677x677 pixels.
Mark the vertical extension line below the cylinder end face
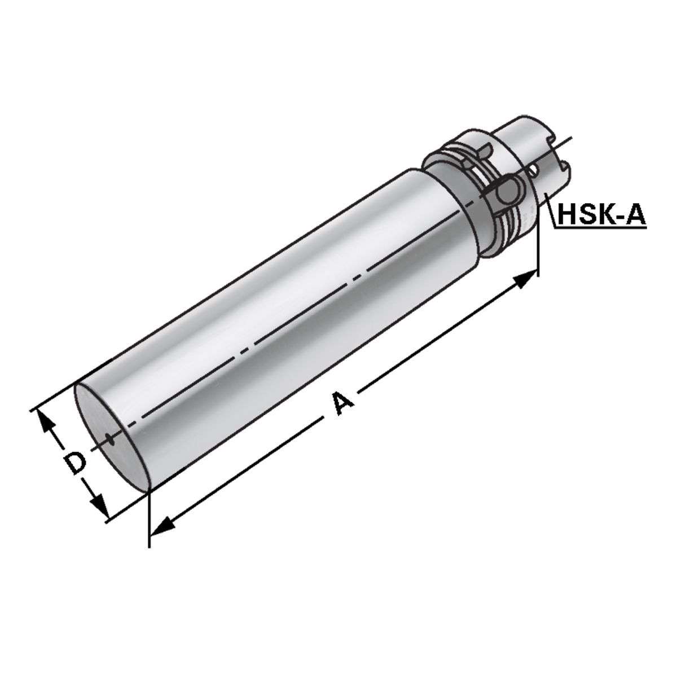148,519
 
